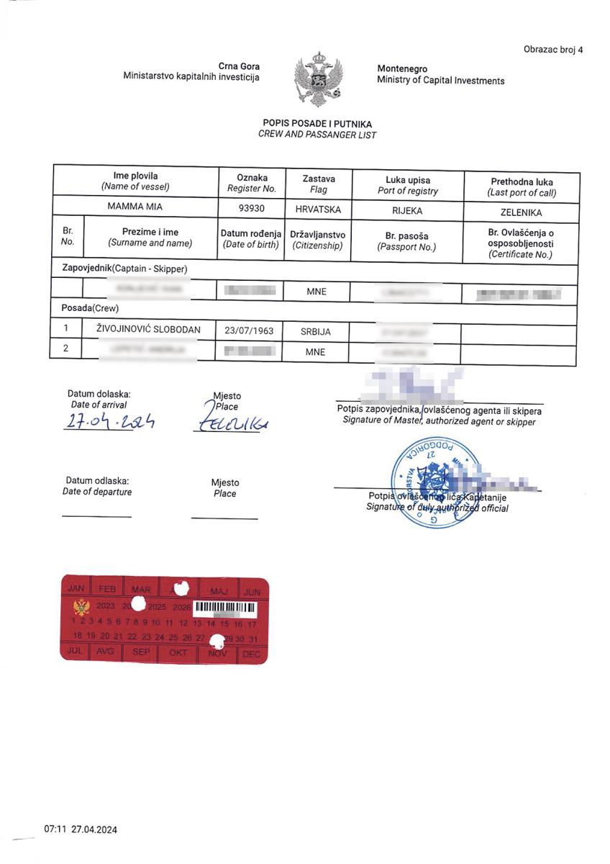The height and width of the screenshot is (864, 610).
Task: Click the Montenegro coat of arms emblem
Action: (x=318, y=78)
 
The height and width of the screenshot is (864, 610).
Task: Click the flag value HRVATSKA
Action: (x=317, y=210)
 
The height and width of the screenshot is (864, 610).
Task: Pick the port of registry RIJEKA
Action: (x=407, y=211)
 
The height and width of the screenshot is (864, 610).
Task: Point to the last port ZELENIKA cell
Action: (x=521, y=212)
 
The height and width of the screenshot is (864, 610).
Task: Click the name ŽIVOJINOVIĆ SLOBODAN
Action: (x=149, y=330)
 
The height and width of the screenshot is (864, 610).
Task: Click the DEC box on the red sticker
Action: (x=251, y=654)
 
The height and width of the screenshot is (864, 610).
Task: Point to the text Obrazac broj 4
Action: (x=554, y=50)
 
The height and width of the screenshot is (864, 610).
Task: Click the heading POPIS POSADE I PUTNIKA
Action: (x=317, y=124)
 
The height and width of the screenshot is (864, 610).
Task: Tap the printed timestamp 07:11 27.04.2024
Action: (x=81, y=829)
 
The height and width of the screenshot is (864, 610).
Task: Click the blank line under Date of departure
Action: (x=96, y=516)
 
